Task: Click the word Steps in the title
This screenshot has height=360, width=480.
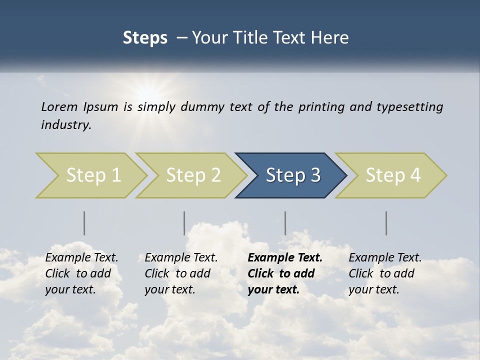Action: tap(145, 38)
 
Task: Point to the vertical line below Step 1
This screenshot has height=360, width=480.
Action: tap(84, 223)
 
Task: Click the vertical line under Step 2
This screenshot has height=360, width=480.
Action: tap(184, 223)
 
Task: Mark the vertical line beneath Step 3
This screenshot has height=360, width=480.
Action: tap(285, 223)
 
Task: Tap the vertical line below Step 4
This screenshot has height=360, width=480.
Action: tap(386, 223)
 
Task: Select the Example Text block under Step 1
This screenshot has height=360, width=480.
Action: tap(81, 273)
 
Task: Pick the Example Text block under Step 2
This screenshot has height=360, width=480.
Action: tap(181, 273)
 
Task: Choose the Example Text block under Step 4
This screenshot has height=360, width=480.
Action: tap(385, 273)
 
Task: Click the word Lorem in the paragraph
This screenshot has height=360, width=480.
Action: tap(59, 106)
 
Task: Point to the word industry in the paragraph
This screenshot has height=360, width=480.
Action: tap(65, 125)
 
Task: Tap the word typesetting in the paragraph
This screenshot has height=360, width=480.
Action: tap(410, 107)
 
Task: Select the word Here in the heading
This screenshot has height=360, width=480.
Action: tap(332, 38)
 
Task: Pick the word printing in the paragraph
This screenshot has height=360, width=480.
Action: tap(321, 107)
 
